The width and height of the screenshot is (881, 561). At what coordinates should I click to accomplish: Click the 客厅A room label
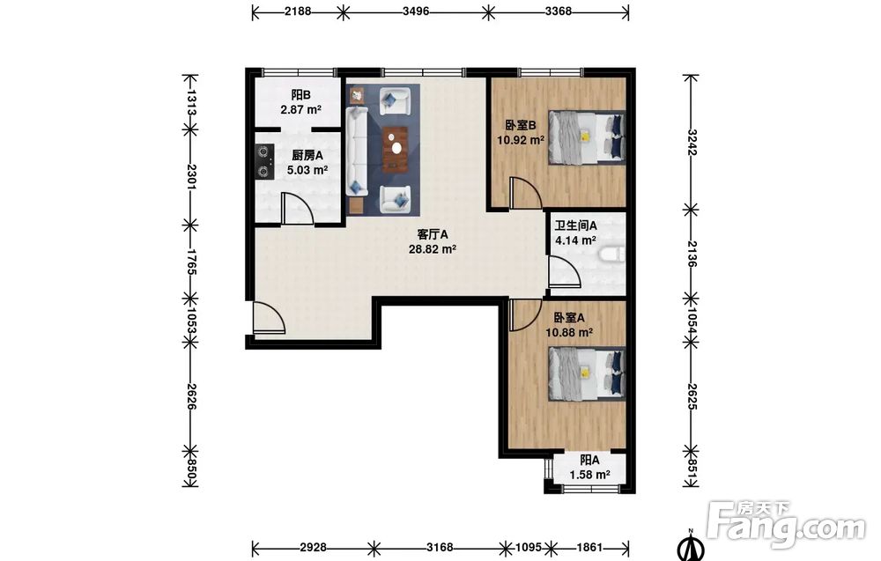click(432, 233)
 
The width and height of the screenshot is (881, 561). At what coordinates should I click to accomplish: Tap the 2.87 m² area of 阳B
click(300, 109)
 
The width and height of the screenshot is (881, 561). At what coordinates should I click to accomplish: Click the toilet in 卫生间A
click(612, 255)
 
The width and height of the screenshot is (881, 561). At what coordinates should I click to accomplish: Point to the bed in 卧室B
click(587, 137)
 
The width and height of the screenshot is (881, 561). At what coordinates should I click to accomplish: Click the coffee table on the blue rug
click(396, 148)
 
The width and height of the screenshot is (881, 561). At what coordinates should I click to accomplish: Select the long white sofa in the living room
click(357, 151)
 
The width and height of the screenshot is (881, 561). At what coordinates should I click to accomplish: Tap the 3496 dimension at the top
click(416, 11)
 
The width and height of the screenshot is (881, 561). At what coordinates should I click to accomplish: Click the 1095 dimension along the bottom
click(528, 547)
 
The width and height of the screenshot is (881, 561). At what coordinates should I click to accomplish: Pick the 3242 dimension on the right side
click(692, 143)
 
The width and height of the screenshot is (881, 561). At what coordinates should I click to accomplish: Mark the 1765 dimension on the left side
click(191, 262)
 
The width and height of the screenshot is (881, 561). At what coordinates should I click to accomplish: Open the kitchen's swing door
click(297, 208)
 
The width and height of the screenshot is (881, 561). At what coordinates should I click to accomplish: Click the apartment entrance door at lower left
click(269, 318)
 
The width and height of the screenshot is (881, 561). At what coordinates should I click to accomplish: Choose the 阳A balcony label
click(589, 461)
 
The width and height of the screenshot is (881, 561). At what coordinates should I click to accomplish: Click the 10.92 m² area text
click(521, 140)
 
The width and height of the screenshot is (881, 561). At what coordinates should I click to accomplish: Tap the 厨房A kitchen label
click(307, 156)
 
